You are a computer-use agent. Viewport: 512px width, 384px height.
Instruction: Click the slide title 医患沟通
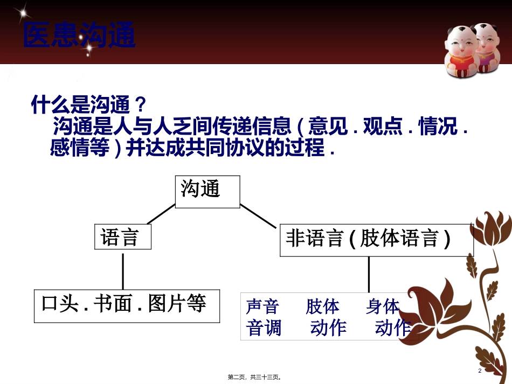point(79,36)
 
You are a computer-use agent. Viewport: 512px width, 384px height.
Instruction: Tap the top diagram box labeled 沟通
point(207,191)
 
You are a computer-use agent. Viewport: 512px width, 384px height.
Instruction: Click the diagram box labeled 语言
point(123,237)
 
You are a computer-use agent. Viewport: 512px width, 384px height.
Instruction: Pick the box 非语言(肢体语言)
point(376,239)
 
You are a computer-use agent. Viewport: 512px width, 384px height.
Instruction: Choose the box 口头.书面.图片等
point(127,305)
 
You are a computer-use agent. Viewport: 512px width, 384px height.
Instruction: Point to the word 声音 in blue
point(262,306)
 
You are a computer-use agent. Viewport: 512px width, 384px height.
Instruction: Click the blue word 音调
point(264,327)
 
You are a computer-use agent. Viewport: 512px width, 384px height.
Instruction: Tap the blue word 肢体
point(322,306)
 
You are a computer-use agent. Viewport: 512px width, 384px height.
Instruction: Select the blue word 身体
point(383,306)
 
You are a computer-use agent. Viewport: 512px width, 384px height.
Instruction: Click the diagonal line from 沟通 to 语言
point(161,214)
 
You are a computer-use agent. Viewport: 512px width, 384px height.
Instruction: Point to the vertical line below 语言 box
point(123,270)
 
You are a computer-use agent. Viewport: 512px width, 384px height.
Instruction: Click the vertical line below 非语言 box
point(369,274)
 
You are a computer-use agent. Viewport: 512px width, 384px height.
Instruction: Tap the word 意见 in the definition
point(323,128)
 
